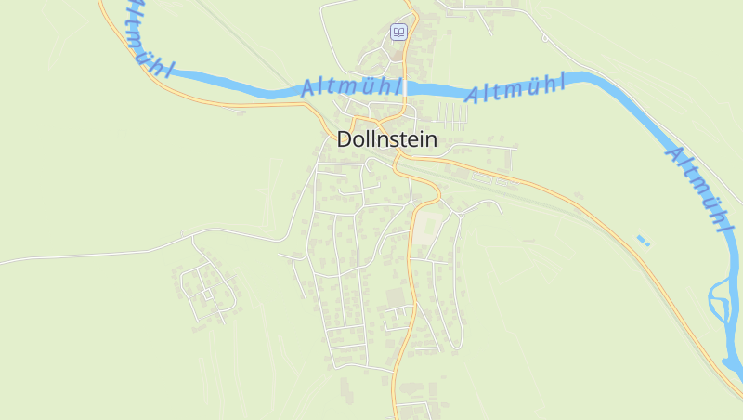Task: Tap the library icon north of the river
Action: [398, 32]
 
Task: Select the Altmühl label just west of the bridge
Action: [351, 87]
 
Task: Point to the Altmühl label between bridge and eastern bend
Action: [515, 89]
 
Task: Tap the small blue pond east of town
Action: [643, 241]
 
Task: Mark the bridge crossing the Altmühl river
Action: [406, 87]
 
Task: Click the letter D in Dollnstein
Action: [345, 139]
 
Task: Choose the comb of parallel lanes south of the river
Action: [451, 116]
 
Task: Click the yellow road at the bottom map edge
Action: [394, 413]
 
